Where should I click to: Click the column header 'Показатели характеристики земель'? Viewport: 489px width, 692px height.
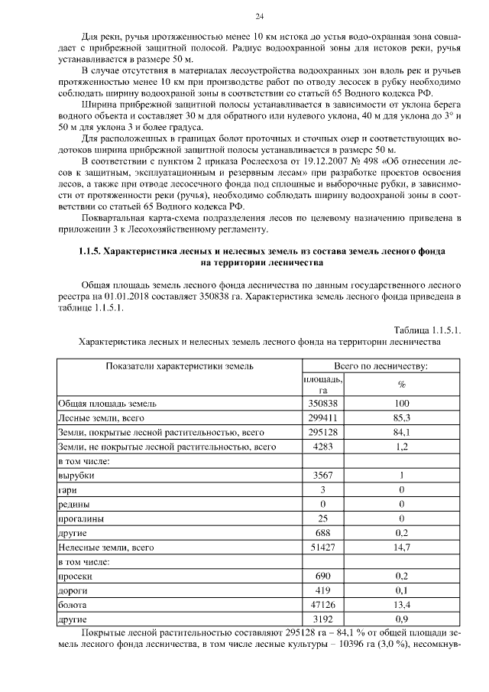tap(180, 366)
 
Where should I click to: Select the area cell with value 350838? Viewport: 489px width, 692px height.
tap(323, 404)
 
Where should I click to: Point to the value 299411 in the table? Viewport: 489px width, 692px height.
tap(323, 418)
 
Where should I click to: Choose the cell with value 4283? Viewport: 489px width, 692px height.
tap(323, 447)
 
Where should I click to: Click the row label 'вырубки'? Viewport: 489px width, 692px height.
tap(74, 476)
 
